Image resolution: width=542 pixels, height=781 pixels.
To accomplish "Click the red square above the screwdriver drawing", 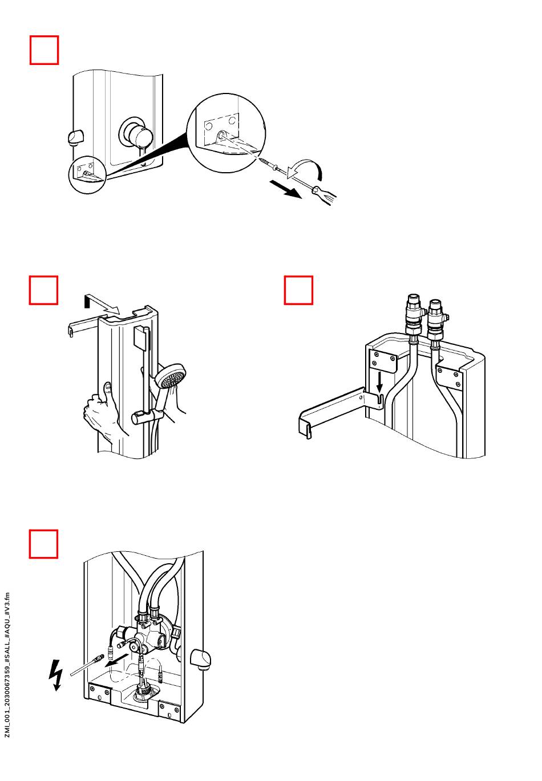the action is click(x=44, y=50).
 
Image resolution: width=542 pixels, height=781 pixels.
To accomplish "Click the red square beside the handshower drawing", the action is click(x=43, y=290).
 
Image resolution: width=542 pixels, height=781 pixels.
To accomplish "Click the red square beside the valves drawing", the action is click(x=298, y=290).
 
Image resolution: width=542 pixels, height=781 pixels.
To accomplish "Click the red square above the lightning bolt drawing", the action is click(x=43, y=544).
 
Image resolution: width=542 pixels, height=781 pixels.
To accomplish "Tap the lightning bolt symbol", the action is click(x=56, y=675).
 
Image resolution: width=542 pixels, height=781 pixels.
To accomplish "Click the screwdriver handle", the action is click(x=323, y=194).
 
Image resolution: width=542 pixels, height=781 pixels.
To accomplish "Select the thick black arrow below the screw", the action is click(x=286, y=190).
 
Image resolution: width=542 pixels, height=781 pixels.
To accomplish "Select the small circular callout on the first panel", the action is click(x=87, y=174).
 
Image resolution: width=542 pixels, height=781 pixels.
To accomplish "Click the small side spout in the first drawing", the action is click(x=75, y=137).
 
